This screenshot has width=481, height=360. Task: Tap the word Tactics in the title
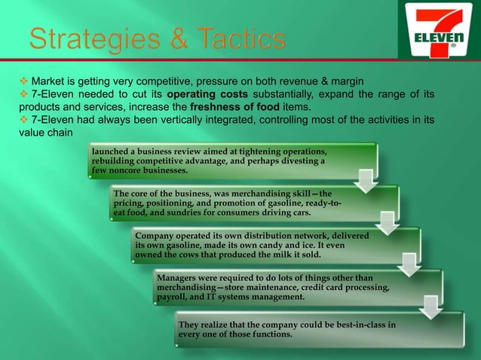(240, 40)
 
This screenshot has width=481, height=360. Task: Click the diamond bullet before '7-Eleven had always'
(13, 120)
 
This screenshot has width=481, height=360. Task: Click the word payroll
(173, 297)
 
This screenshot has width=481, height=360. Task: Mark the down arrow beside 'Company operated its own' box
(411, 263)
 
